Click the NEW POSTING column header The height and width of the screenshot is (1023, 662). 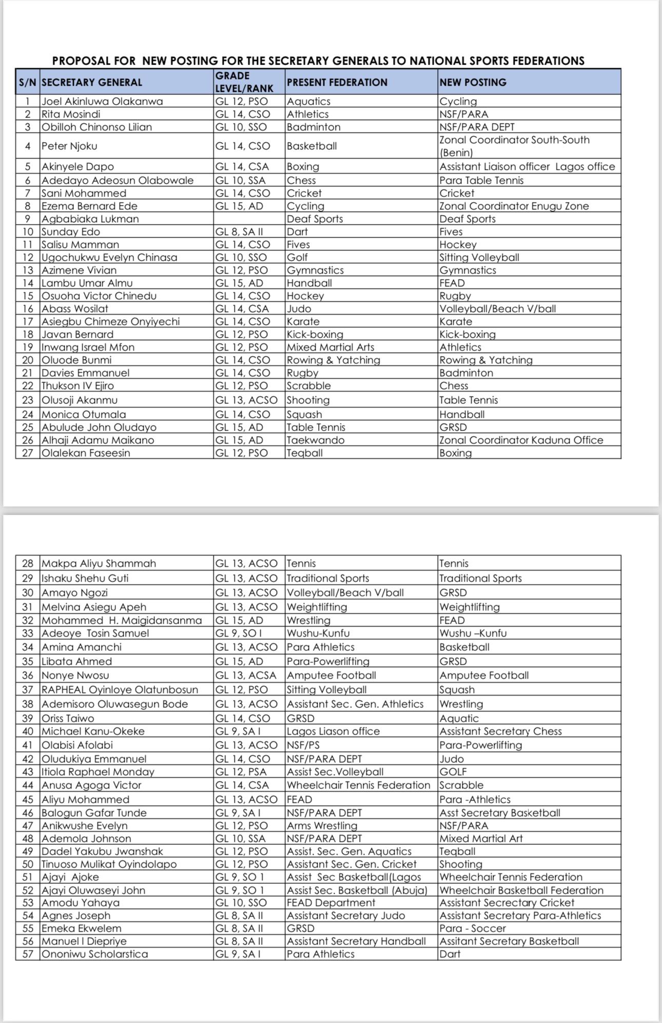click(x=473, y=82)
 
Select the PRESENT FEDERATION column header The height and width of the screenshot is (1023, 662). click(x=337, y=82)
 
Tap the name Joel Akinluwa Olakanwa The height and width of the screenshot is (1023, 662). click(x=102, y=101)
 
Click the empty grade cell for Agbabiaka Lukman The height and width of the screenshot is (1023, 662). click(x=249, y=219)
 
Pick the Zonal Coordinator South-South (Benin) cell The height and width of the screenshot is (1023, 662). click(x=514, y=146)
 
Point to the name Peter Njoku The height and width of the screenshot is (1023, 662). click(x=69, y=146)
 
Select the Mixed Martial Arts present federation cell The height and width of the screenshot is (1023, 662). click(x=330, y=347)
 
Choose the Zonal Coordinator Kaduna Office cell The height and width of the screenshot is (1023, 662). click(x=521, y=440)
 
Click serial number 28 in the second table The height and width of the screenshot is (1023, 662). click(x=28, y=563)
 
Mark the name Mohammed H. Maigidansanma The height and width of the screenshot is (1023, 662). click(x=121, y=620)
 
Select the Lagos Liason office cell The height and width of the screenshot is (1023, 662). click(x=333, y=731)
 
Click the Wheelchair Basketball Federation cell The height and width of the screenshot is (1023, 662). click(x=521, y=890)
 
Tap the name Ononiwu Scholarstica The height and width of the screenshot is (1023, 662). click(x=94, y=954)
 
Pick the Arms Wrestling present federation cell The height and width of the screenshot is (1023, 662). click(x=322, y=825)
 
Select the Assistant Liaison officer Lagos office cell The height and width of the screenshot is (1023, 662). click(x=527, y=166)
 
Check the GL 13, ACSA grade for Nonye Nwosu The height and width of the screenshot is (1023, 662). click(x=246, y=675)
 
